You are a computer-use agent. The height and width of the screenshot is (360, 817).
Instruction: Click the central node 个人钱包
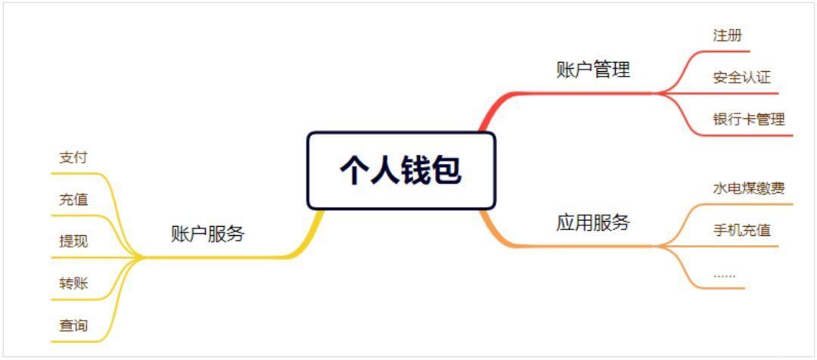pyautogui.click(x=401, y=170)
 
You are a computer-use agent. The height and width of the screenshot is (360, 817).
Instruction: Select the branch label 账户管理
pyautogui.click(x=593, y=70)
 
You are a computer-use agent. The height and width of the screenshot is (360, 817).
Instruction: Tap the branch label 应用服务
pyautogui.click(x=593, y=222)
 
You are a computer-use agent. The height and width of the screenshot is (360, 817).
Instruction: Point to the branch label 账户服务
pyautogui.click(x=207, y=234)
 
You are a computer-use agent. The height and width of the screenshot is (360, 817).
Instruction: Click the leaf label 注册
pyautogui.click(x=728, y=36)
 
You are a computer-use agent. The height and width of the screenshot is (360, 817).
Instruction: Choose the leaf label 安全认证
pyautogui.click(x=741, y=78)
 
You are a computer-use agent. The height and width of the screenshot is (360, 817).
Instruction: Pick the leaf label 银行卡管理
pyautogui.click(x=749, y=119)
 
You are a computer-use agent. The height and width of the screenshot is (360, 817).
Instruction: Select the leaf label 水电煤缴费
pyautogui.click(x=749, y=188)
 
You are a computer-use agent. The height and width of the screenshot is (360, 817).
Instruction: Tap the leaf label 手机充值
pyautogui.click(x=741, y=230)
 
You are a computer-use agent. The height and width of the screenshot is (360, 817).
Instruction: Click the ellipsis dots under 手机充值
pyautogui.click(x=724, y=275)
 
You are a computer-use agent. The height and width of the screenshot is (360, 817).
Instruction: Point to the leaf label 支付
pyautogui.click(x=73, y=158)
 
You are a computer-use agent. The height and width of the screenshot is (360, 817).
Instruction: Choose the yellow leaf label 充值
pyautogui.click(x=73, y=200)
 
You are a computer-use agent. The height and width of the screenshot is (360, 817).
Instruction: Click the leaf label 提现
pyautogui.click(x=73, y=241)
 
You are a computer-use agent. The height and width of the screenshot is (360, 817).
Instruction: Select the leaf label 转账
pyautogui.click(x=73, y=284)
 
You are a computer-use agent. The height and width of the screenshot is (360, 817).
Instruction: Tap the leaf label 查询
pyautogui.click(x=73, y=326)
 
